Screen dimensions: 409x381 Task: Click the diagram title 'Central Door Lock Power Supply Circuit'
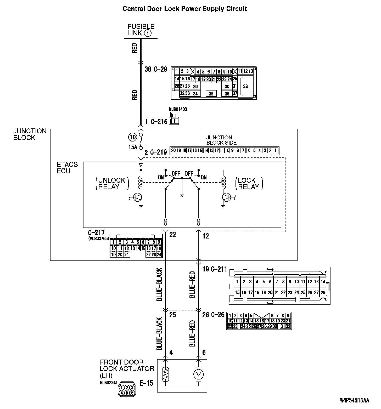(x=185, y=9)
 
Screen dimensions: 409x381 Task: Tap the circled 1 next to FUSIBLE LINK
(x=148, y=33)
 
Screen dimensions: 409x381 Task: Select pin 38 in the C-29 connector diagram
(x=245, y=86)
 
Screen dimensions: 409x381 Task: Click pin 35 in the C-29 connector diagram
(x=211, y=94)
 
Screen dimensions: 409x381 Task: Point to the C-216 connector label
(x=159, y=122)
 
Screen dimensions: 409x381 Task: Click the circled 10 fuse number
(x=132, y=137)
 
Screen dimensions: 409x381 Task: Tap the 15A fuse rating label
(x=133, y=147)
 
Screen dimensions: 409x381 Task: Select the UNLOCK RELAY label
(x=112, y=183)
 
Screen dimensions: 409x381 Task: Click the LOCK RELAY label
(x=248, y=183)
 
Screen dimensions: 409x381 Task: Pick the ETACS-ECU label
(x=68, y=168)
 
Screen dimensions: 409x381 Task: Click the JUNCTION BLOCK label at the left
(x=30, y=134)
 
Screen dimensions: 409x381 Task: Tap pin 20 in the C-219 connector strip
(x=173, y=150)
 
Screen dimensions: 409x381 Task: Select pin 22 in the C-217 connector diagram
(x=148, y=254)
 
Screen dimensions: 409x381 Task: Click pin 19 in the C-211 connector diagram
(x=264, y=293)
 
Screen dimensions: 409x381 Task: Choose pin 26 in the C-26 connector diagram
(x=254, y=326)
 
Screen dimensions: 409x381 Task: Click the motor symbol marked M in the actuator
(x=199, y=375)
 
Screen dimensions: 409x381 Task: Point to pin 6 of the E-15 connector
(x=132, y=392)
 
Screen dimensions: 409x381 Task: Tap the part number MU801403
(x=178, y=109)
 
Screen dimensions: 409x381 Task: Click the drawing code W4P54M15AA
(x=354, y=400)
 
